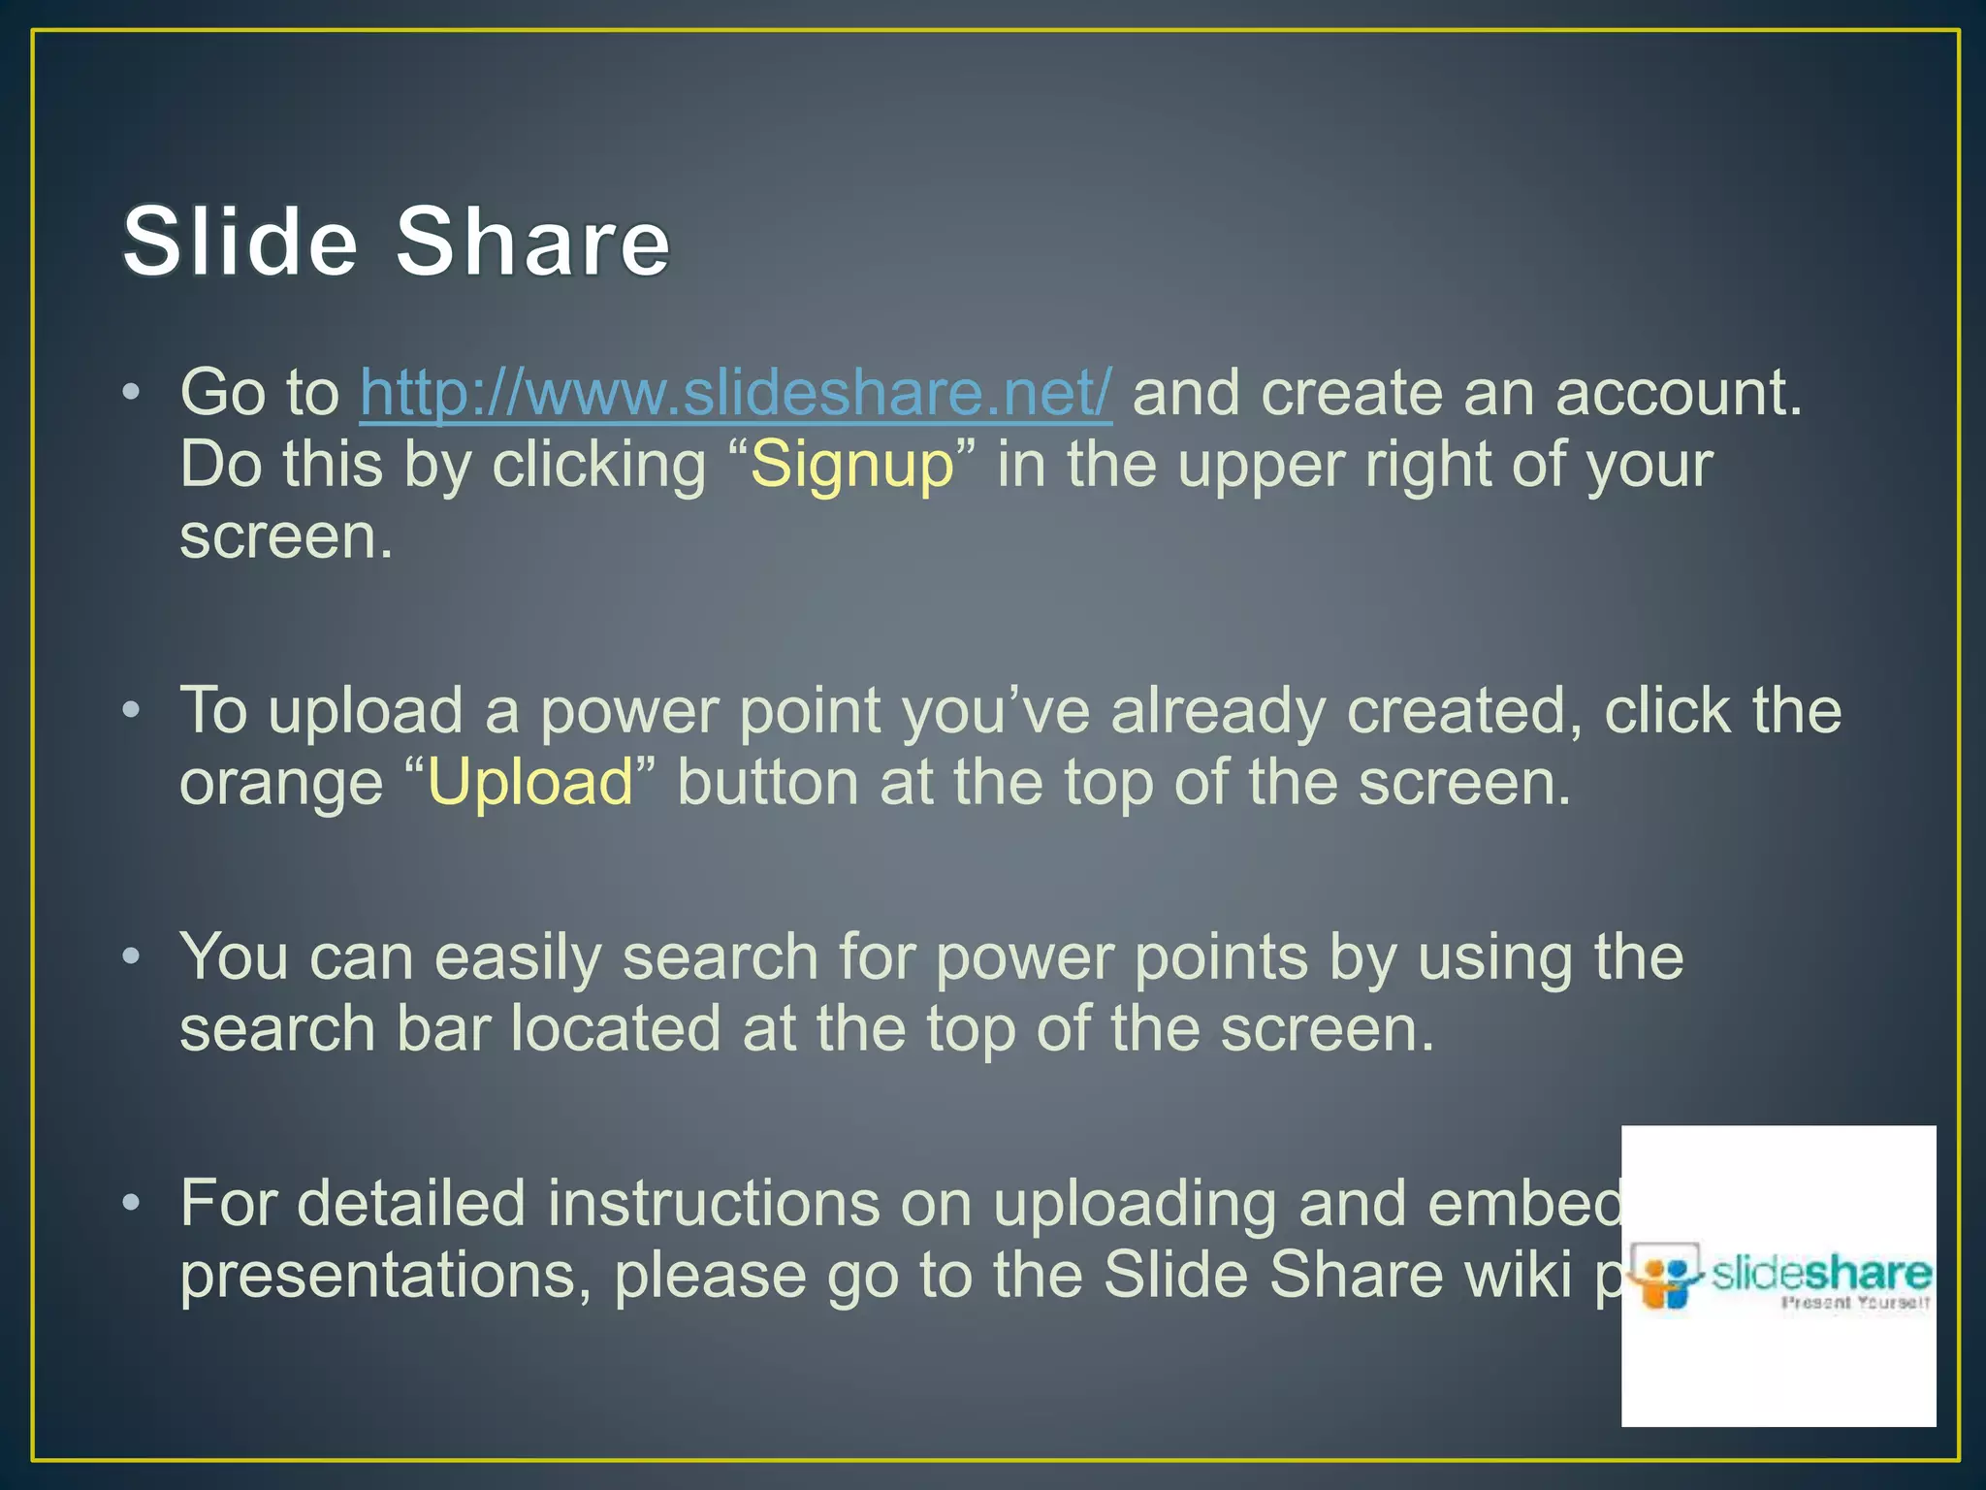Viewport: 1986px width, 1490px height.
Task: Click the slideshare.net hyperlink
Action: [x=735, y=394]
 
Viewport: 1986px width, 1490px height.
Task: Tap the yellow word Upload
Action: [x=529, y=783]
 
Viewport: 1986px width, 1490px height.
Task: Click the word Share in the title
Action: [x=532, y=242]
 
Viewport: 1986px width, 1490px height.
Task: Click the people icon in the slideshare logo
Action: [x=1666, y=1279]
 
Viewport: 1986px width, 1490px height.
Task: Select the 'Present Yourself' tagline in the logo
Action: [x=1854, y=1303]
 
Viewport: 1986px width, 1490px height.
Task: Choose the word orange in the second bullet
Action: [x=281, y=785]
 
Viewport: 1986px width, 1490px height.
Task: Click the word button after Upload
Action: [x=767, y=783]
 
